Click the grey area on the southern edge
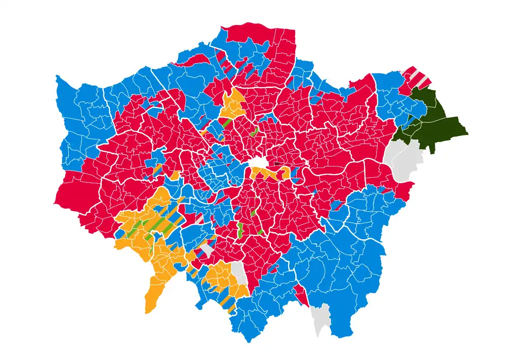pyautogui.click(x=321, y=318)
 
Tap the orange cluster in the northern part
pyautogui.click(x=233, y=104)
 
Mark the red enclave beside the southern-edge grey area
pyautogui.click(x=301, y=295)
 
